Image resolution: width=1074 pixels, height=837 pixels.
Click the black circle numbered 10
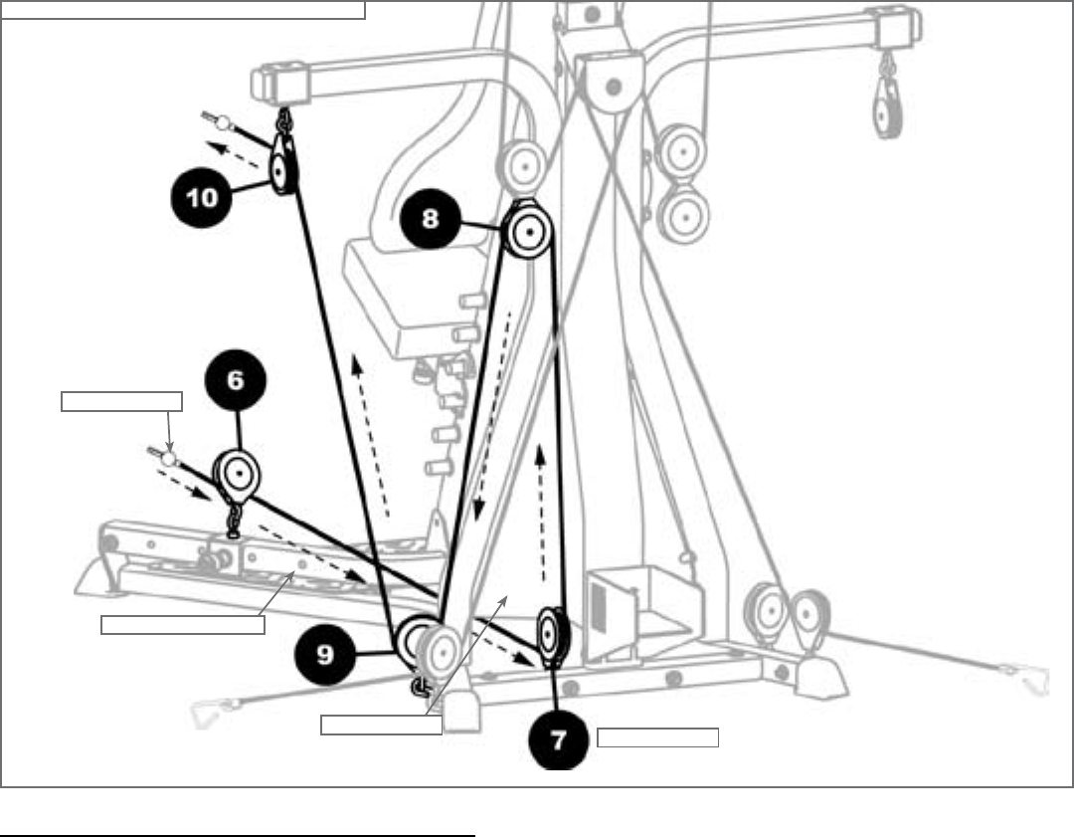pos(202,196)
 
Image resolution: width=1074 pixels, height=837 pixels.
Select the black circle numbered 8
pos(430,218)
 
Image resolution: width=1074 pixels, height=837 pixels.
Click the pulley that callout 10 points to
pos(280,171)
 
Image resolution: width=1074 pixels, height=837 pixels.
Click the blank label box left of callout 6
pos(122,401)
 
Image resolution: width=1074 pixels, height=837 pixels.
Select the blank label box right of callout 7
pos(657,737)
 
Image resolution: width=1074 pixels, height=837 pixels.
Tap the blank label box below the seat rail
pos(183,625)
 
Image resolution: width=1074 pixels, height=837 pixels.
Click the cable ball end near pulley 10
pos(224,123)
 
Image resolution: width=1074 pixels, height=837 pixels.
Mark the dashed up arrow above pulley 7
pos(542,513)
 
